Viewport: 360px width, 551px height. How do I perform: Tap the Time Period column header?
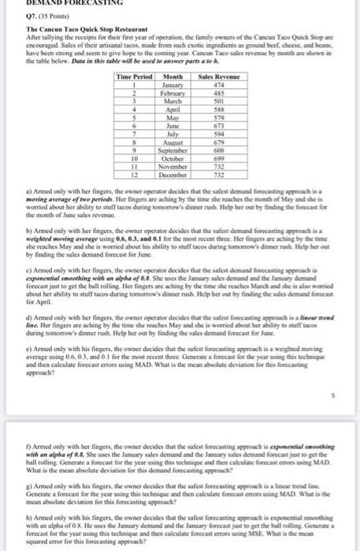click(x=135, y=76)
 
